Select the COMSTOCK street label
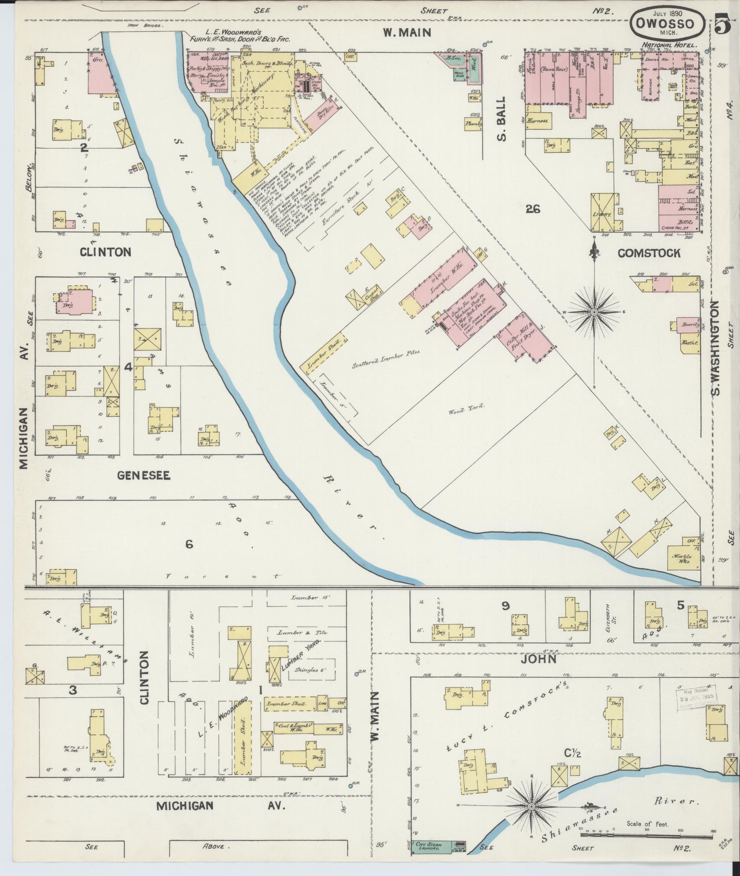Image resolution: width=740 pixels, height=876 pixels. [649, 253]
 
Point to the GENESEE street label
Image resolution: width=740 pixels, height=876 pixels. [144, 476]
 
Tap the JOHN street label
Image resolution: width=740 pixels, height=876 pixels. [539, 659]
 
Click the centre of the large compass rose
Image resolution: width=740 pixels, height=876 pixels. [594, 312]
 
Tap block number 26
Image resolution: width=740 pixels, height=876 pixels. [532, 209]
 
